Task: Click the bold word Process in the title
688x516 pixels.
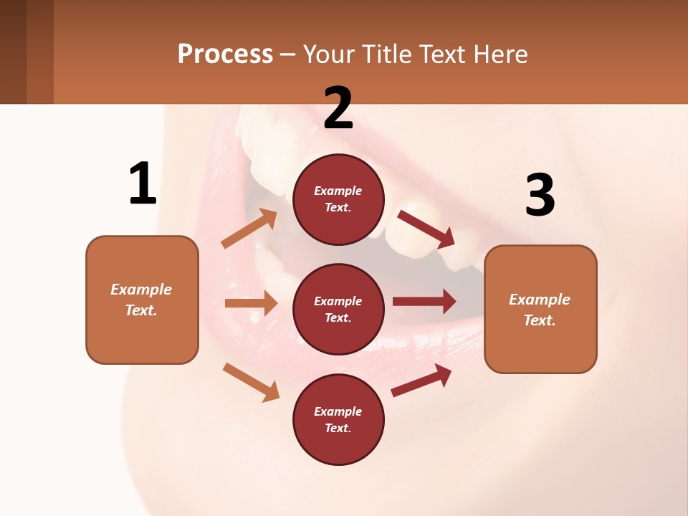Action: (225, 54)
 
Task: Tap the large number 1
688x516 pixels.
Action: (143, 183)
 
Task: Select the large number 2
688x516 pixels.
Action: (338, 107)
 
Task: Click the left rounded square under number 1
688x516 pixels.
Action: (142, 300)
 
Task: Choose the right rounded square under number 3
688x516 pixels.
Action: (540, 309)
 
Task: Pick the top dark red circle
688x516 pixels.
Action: (338, 199)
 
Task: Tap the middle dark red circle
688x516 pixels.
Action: (338, 309)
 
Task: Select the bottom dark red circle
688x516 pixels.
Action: (338, 419)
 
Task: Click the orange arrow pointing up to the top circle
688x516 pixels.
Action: (249, 229)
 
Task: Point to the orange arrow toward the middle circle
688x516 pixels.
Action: (251, 303)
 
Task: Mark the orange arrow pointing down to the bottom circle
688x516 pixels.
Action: (251, 381)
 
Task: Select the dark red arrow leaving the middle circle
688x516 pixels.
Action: (424, 301)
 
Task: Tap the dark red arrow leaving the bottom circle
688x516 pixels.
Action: (421, 381)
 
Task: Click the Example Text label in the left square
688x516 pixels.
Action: (141, 300)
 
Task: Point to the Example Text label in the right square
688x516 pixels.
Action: (540, 310)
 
